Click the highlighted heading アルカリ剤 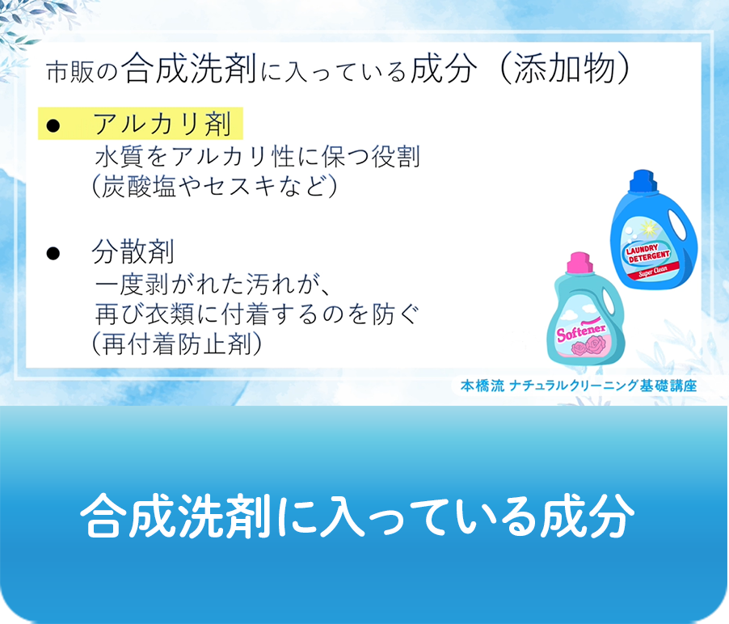(x=162, y=124)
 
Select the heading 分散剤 (x=133, y=252)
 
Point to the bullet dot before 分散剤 (x=54, y=253)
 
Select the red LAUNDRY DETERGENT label (x=647, y=254)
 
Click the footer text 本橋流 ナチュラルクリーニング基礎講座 (x=578, y=386)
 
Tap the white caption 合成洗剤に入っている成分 (x=356, y=515)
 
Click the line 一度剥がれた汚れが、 (x=209, y=284)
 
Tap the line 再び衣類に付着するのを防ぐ (x=258, y=314)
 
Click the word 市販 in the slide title (x=67, y=73)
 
